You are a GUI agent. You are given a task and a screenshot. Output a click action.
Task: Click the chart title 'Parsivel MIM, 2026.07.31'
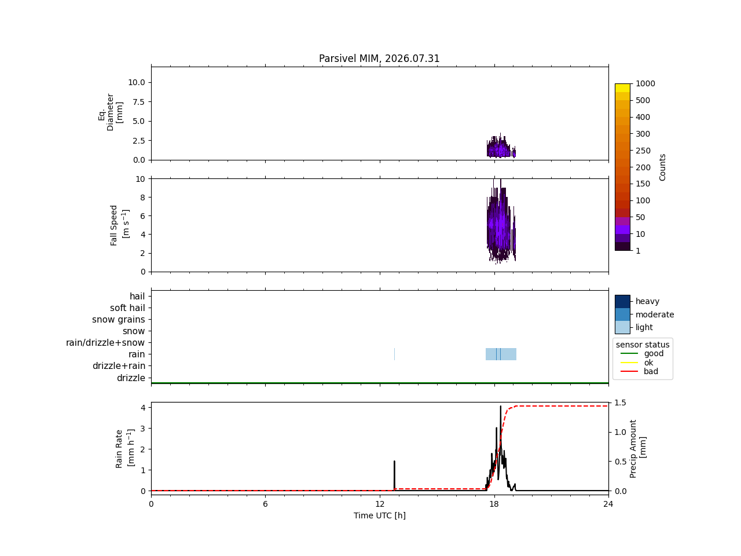379,58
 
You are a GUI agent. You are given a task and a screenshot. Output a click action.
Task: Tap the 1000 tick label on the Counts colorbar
645,83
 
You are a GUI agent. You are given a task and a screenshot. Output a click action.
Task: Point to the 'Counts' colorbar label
662,167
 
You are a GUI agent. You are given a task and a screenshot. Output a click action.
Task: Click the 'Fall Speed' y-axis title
114,225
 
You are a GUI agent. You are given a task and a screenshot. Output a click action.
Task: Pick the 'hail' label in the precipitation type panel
137,296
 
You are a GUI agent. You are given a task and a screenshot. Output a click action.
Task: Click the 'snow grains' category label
119,319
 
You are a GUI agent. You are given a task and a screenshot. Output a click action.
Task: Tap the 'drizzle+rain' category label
119,365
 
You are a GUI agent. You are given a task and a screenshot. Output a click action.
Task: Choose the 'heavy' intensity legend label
647,301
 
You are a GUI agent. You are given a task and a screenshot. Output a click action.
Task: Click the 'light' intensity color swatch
622,327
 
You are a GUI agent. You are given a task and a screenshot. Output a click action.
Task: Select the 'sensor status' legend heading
643,345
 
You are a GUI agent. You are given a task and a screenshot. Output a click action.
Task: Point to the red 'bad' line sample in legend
629,371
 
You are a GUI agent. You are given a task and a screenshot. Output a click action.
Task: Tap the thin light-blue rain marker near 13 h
394,354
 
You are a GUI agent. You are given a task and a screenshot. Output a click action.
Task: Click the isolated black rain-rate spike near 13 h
394,475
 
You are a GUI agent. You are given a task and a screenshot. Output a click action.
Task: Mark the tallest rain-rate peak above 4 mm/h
500,407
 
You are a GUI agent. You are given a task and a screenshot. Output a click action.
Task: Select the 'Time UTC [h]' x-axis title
379,515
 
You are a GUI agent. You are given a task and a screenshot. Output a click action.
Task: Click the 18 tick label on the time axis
494,504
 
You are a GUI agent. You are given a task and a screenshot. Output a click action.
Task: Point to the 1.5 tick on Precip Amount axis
620,403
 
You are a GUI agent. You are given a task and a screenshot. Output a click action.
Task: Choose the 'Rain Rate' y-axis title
119,449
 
